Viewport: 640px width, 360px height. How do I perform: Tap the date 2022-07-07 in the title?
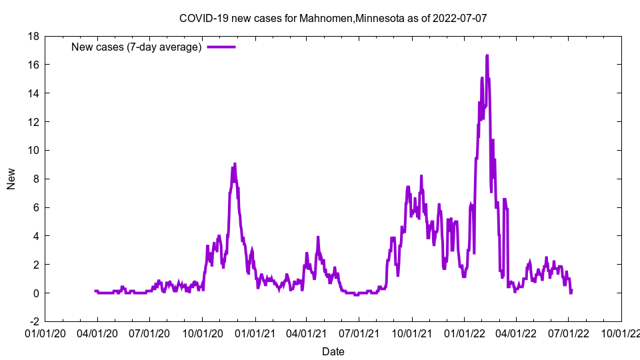[459, 18]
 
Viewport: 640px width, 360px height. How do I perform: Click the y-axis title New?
[11, 179]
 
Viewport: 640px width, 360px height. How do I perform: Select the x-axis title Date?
[333, 351]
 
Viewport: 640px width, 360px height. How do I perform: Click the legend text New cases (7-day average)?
[137, 47]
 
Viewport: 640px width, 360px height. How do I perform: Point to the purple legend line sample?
[221, 47]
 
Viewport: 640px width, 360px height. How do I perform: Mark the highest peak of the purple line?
[487, 56]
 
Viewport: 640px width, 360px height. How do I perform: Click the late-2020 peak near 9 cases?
[235, 164]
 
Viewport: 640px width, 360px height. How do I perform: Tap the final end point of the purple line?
[571, 291]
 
